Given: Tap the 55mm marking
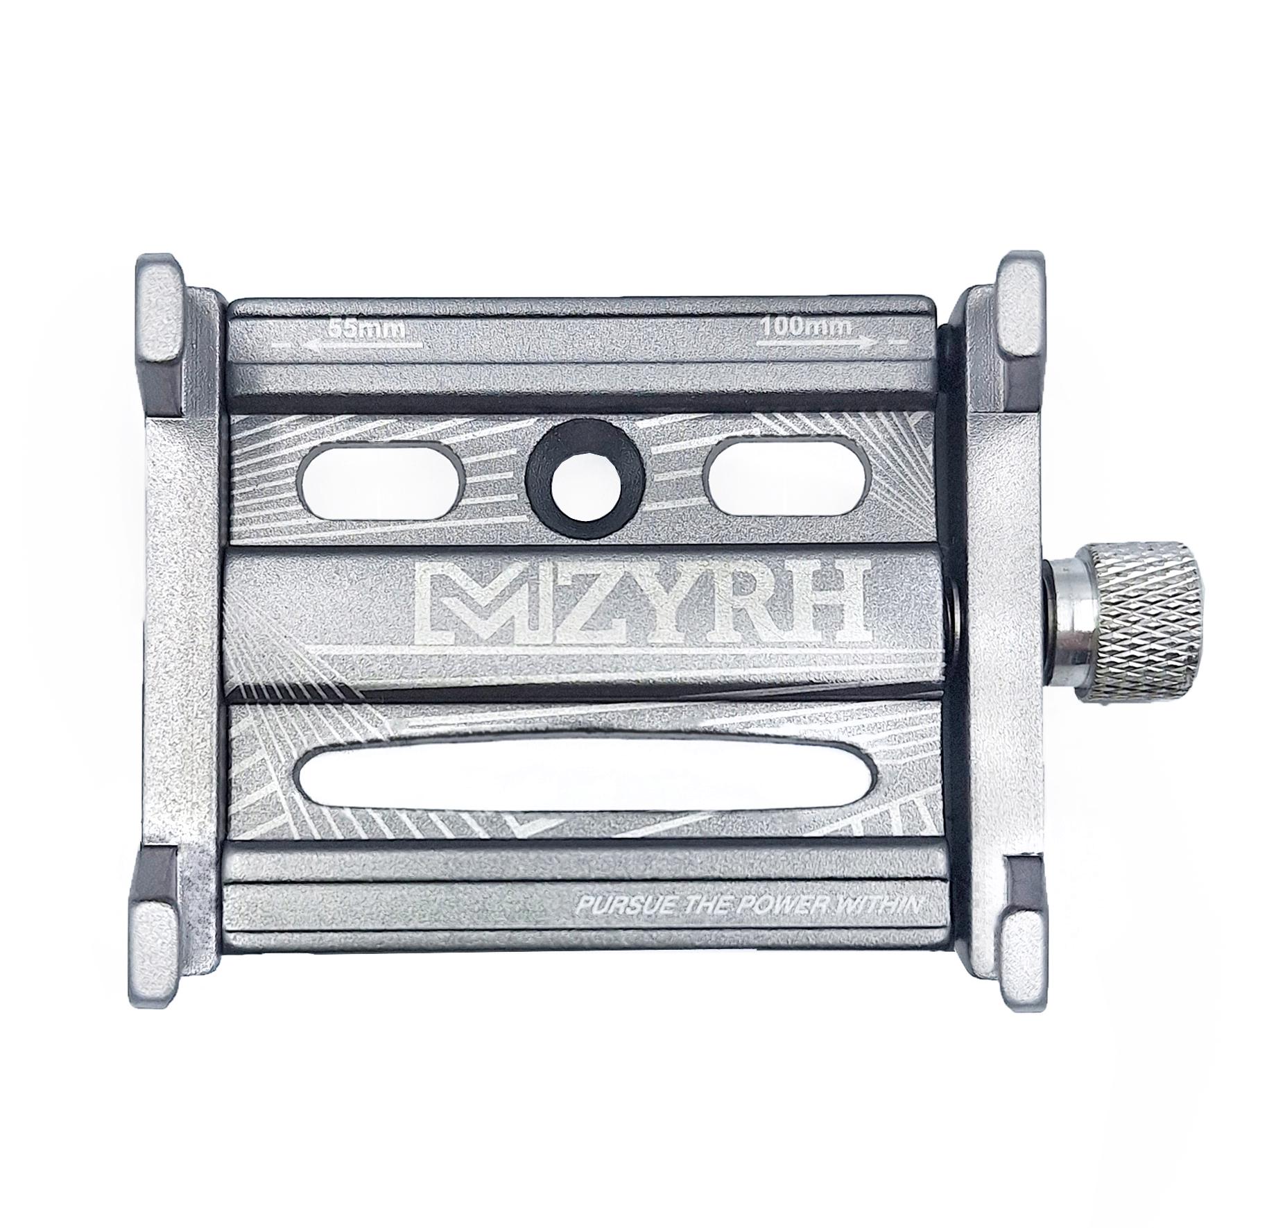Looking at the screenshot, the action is tap(365, 327).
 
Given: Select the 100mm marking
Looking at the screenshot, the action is tap(804, 327).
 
